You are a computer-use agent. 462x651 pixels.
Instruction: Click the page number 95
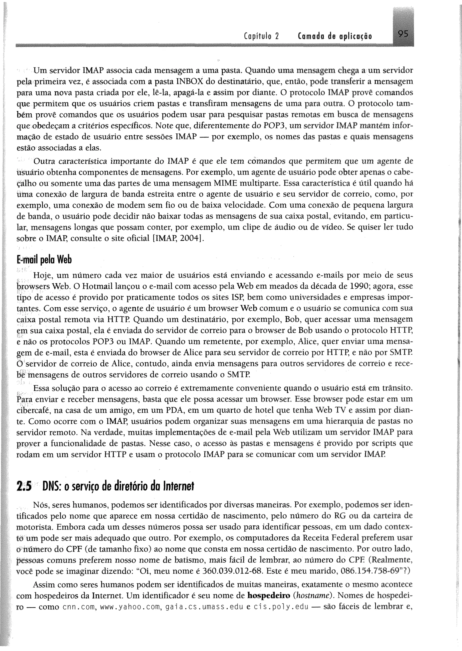(x=402, y=35)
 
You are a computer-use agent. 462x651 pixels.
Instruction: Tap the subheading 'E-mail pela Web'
(x=44, y=260)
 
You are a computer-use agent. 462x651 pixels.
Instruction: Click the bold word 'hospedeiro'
(x=268, y=596)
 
